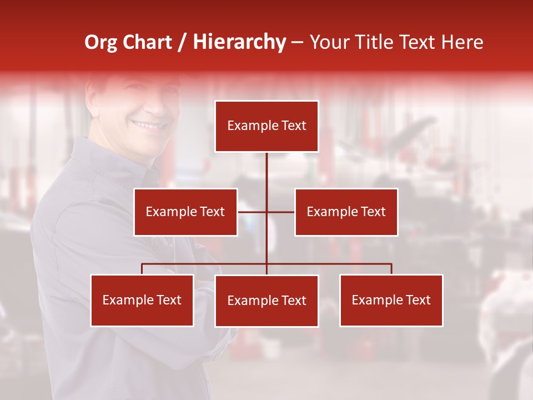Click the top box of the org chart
266,126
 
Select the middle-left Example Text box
185,212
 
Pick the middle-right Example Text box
346,212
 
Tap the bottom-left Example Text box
142,300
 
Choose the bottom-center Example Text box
266,301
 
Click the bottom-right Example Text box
391,300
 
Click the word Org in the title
100,42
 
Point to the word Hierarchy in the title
239,42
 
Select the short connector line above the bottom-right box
391,269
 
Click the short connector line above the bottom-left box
142,269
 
